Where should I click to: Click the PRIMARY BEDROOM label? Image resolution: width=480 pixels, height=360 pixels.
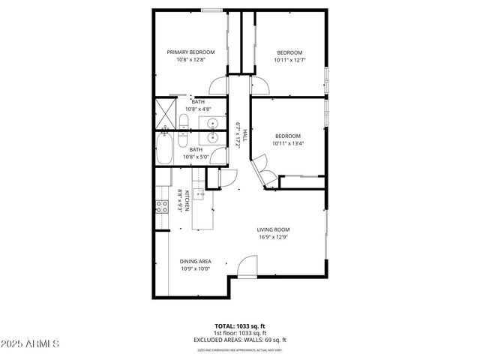coord(190,52)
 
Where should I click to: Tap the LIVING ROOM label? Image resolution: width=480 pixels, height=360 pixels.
coord(273,229)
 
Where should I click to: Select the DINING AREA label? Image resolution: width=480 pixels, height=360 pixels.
coord(194,261)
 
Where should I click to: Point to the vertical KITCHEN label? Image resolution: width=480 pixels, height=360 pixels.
coord(186,199)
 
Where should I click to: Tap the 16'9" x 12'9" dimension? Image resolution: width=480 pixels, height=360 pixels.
coord(273,238)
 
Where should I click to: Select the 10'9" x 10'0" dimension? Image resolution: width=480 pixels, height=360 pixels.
coord(194,268)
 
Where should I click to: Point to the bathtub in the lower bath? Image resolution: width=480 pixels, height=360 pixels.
coord(163,147)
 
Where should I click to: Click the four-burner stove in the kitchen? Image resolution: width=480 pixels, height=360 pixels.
coord(160,207)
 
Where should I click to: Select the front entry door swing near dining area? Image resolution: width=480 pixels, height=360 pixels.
coord(247,267)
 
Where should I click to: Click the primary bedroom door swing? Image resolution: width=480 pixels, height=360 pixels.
coord(218,85)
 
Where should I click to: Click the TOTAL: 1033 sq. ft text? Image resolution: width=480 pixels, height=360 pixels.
coord(239,326)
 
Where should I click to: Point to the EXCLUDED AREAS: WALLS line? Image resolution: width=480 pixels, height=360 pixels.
coord(239,340)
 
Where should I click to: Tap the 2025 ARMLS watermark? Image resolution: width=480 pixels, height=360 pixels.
coord(31,343)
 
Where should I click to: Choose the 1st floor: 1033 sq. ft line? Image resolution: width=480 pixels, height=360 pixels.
coord(239,333)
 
